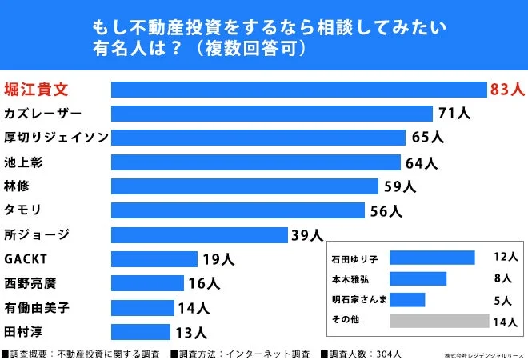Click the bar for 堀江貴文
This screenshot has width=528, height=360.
click(298, 89)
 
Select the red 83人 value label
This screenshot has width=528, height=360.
click(506, 89)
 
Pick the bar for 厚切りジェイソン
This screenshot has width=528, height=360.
click(258, 138)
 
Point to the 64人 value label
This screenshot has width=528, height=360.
click(421, 162)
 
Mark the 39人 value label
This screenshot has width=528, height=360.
click(307, 235)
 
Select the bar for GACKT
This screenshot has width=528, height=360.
click(154, 259)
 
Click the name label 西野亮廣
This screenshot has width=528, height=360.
click(30, 283)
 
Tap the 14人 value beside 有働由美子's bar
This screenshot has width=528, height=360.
click(193, 308)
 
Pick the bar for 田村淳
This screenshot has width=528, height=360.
click(140, 332)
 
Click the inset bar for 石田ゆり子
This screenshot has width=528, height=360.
click(432, 258)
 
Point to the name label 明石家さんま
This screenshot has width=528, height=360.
click(360, 300)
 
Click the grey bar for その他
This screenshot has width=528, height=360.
click(438, 321)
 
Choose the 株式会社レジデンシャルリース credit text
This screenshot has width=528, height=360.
click(485, 354)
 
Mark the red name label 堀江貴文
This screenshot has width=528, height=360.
click(36, 88)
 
